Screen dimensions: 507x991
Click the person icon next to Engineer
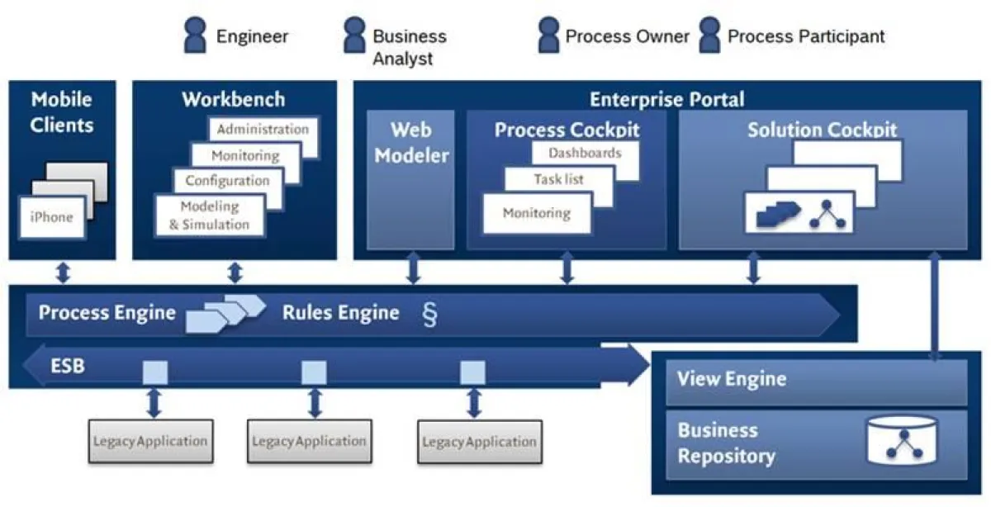pyautogui.click(x=195, y=36)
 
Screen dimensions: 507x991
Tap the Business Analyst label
pyautogui.click(x=409, y=47)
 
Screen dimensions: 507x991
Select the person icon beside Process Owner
pyautogui.click(x=548, y=36)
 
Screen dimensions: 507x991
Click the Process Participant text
pyautogui.click(x=805, y=36)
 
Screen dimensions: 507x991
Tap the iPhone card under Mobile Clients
pyautogui.click(x=51, y=218)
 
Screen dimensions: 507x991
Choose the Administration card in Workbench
pyautogui.click(x=263, y=130)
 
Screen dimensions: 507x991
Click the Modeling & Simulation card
pyautogui.click(x=210, y=216)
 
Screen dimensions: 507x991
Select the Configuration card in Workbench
pyautogui.click(x=227, y=180)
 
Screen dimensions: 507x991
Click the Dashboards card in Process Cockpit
pyautogui.click(x=585, y=154)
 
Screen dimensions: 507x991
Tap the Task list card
pyautogui.click(x=558, y=178)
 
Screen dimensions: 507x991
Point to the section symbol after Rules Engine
pyautogui.click(x=429, y=315)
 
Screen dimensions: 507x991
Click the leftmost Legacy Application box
pyautogui.click(x=149, y=441)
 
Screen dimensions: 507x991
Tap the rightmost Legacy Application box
pyautogui.click(x=479, y=442)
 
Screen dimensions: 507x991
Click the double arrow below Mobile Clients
pyautogui.click(x=63, y=272)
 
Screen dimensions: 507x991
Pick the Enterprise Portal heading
pyautogui.click(x=666, y=100)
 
